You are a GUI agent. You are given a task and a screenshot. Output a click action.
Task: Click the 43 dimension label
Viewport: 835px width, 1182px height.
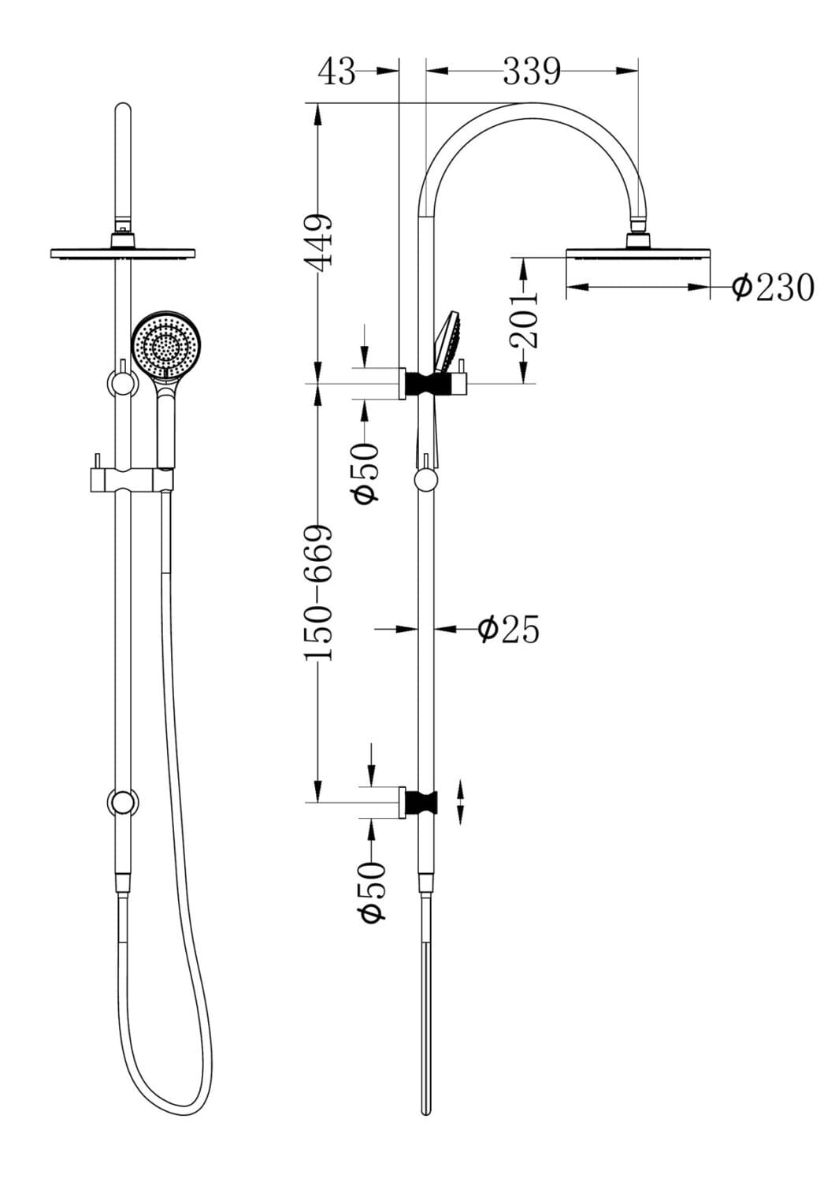pyautogui.click(x=336, y=72)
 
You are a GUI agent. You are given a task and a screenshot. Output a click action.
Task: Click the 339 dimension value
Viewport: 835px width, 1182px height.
pyautogui.click(x=532, y=72)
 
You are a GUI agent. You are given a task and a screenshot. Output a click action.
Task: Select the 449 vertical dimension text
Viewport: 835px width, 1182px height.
pyautogui.click(x=321, y=242)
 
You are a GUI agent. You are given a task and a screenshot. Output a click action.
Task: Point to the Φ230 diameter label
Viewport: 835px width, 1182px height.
pyautogui.click(x=773, y=288)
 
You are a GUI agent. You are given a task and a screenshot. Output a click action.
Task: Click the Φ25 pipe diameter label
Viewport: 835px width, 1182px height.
pyautogui.click(x=509, y=630)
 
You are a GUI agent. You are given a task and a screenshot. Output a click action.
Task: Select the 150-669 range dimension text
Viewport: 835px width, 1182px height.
pyautogui.click(x=319, y=593)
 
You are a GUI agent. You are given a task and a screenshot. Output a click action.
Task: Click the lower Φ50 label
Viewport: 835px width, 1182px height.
pyautogui.click(x=372, y=891)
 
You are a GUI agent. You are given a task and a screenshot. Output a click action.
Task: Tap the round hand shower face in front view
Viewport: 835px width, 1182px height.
pyautogui.click(x=166, y=344)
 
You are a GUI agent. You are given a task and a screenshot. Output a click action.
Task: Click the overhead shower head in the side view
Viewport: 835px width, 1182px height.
pyautogui.click(x=638, y=253)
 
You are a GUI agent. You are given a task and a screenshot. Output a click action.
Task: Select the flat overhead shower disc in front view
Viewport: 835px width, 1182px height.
pyautogui.click(x=122, y=253)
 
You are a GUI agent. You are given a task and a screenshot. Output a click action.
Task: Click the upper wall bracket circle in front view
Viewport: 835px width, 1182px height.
pyautogui.click(x=122, y=384)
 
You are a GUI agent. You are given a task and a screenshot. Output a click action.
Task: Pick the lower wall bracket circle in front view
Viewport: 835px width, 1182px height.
pyautogui.click(x=122, y=803)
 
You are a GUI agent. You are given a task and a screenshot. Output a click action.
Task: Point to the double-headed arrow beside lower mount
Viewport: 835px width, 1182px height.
pyautogui.click(x=461, y=802)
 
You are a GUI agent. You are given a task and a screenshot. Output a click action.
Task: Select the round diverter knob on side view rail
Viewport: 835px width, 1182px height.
pyautogui.click(x=426, y=480)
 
